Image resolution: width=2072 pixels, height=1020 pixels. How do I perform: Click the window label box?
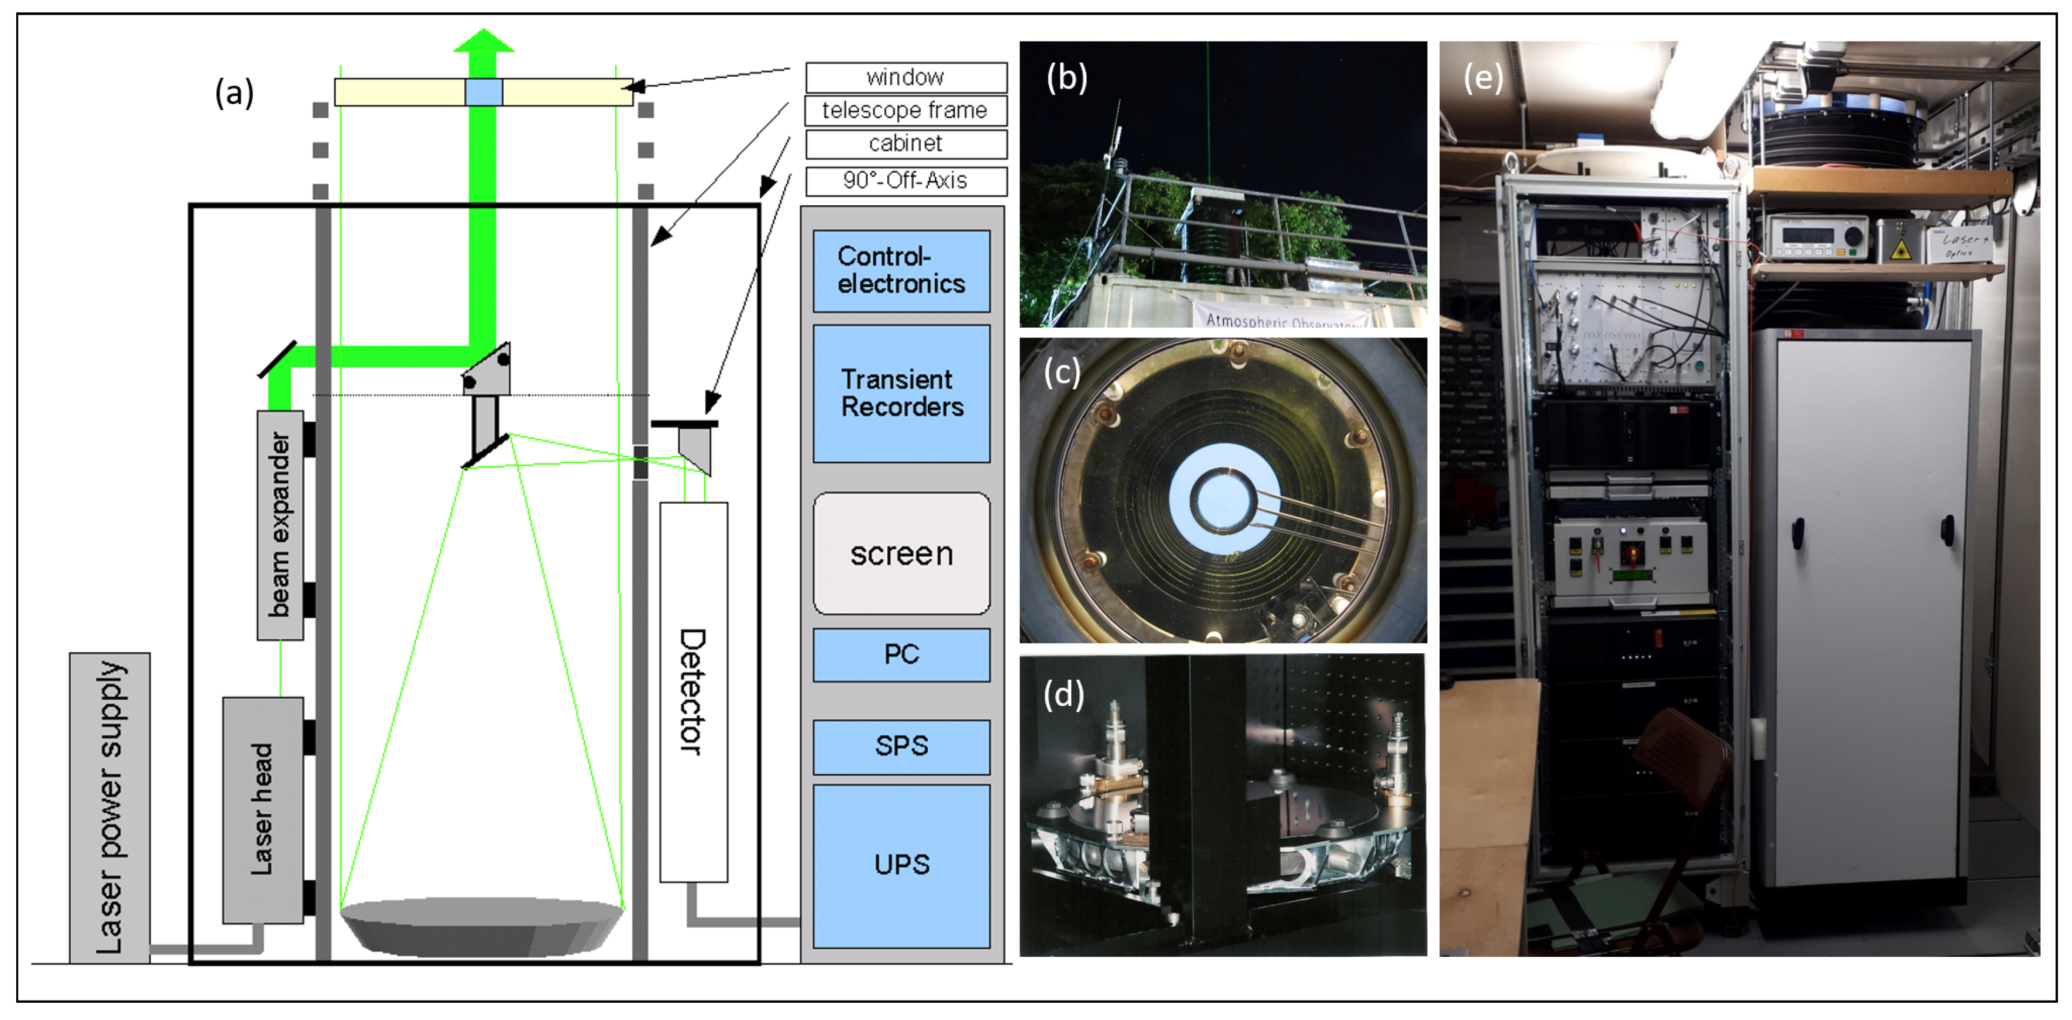[906, 77]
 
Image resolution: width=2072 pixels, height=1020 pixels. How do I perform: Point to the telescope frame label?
[906, 110]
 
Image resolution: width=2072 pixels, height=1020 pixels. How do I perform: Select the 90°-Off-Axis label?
[906, 180]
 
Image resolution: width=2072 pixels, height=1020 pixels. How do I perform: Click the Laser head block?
[263, 808]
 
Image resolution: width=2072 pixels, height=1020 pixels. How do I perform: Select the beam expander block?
[280, 524]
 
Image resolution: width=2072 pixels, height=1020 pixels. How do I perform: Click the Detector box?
[693, 692]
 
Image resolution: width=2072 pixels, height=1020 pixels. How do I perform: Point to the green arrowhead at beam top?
[483, 40]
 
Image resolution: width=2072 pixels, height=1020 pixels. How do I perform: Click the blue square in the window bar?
[483, 92]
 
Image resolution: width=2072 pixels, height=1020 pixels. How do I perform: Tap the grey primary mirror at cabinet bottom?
[482, 925]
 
